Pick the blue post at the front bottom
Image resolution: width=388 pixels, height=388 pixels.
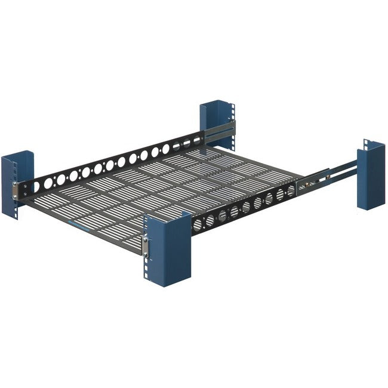167,248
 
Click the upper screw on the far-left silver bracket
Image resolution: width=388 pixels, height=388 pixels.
26,182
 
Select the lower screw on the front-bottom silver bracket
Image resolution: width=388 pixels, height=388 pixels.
145,251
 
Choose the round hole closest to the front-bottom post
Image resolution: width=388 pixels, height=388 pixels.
198,224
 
